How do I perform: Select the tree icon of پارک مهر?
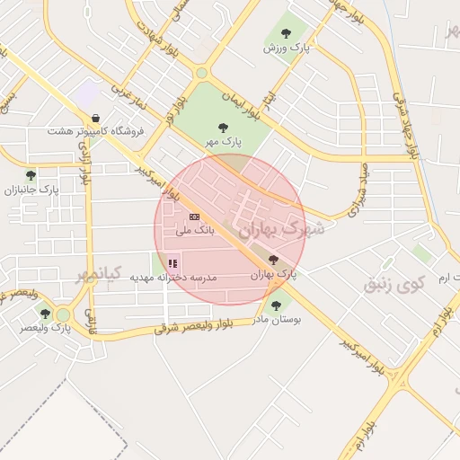tap(223, 128)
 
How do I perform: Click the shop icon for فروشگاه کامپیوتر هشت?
tap(96, 118)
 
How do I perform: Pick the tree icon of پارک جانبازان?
tap(31, 175)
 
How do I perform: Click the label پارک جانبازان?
tap(31, 190)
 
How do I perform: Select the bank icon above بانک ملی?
tap(194, 216)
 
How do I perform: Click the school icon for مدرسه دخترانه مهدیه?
tap(172, 263)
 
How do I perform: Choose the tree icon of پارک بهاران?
tap(273, 259)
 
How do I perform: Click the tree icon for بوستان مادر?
tap(276, 305)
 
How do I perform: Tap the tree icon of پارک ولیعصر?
tap(46, 314)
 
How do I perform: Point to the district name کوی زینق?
tap(393, 285)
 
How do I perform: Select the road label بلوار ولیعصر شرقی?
tap(193, 326)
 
